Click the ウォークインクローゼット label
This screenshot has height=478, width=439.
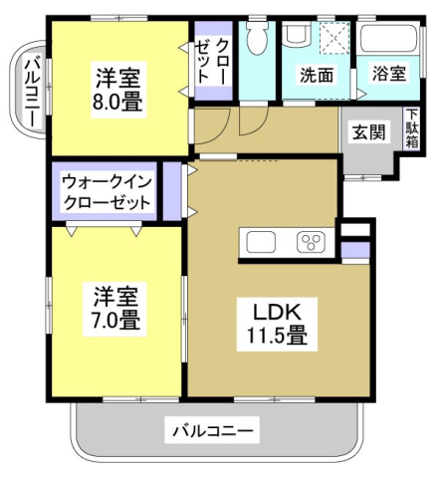point(106,191)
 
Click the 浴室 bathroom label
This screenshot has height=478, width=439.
point(389,74)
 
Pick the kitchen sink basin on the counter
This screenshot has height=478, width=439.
point(262,242)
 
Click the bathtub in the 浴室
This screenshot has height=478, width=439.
point(390,41)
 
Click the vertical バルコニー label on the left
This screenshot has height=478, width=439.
point(30,91)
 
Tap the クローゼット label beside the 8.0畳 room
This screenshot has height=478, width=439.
point(210,61)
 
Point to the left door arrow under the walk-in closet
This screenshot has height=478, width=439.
point(72,229)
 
